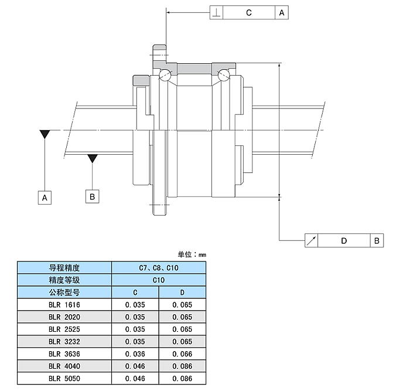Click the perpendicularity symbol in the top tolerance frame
(x=216, y=12)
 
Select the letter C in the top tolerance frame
(x=248, y=12)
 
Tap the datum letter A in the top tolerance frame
(x=282, y=12)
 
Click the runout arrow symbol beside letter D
(x=312, y=240)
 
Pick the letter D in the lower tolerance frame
(x=344, y=240)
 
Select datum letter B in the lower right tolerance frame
(x=377, y=240)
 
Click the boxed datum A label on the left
(x=45, y=198)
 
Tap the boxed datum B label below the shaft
(x=92, y=196)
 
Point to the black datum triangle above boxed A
(x=45, y=134)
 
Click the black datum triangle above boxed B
(x=92, y=158)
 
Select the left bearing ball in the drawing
(x=165, y=74)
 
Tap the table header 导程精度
(x=64, y=268)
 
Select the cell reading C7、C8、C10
(x=158, y=268)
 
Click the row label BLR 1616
(x=64, y=305)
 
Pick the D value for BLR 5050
(x=182, y=379)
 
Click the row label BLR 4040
(x=64, y=366)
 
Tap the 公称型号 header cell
(x=64, y=292)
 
